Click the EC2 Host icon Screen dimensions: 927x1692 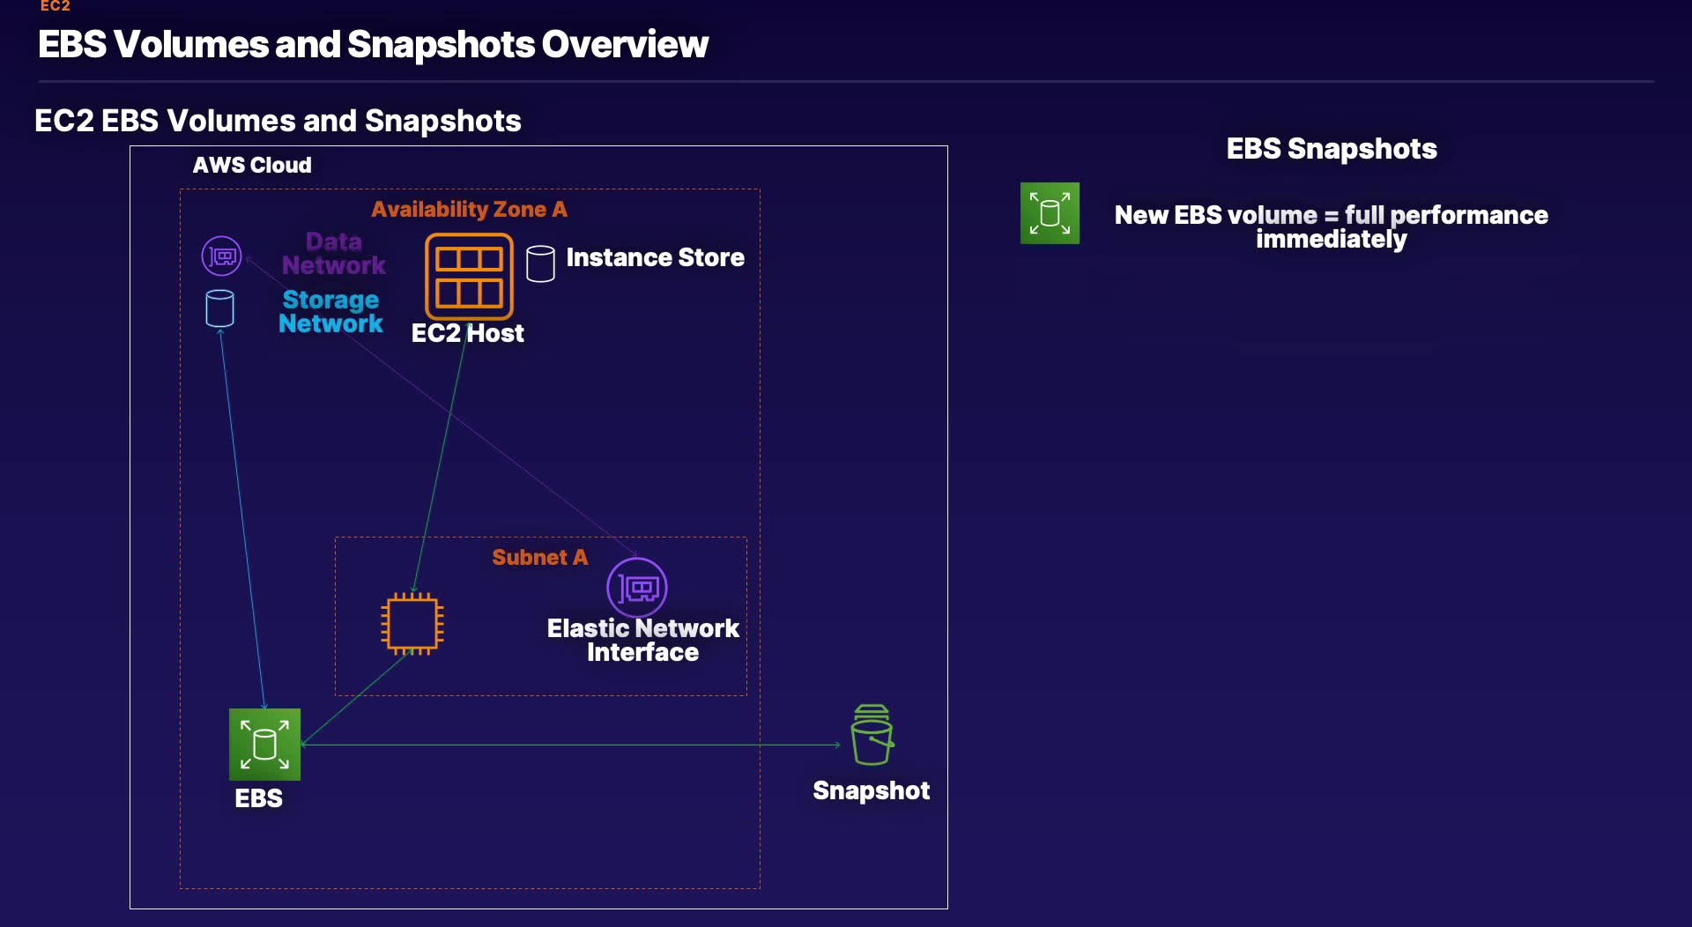click(469, 276)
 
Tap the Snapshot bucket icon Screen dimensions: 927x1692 click(872, 735)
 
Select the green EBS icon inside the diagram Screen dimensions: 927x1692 click(264, 745)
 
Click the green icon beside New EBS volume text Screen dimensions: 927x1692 click(1050, 213)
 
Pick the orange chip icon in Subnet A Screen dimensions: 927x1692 click(412, 624)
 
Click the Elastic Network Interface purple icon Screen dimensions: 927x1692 click(637, 587)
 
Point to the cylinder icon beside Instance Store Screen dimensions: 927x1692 click(540, 263)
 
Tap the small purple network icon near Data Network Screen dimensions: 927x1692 click(221, 256)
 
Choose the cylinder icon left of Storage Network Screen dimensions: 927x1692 click(219, 308)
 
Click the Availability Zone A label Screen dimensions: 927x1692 click(469, 209)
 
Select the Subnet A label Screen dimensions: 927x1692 click(539, 557)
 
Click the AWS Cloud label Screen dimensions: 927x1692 click(252, 165)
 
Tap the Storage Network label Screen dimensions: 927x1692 click(330, 312)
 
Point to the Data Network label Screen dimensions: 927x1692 click(334, 253)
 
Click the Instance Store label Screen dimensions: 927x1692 click(655, 257)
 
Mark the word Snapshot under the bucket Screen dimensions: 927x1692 click(871, 790)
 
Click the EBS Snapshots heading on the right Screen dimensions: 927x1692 click(1331, 149)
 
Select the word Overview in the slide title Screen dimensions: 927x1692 click(625, 44)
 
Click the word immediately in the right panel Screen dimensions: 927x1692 click(1331, 240)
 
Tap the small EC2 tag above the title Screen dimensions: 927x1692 click(55, 6)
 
